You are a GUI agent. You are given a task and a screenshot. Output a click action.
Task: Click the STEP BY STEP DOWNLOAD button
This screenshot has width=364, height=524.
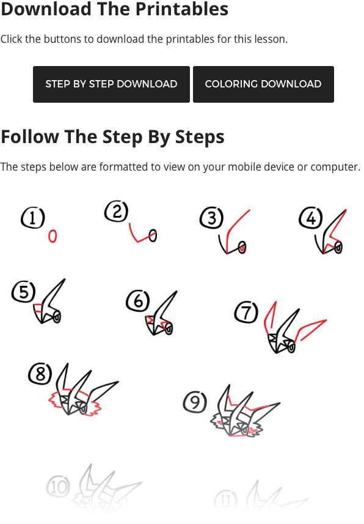point(111,84)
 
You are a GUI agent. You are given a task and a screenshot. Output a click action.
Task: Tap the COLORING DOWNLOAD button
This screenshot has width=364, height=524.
point(263,84)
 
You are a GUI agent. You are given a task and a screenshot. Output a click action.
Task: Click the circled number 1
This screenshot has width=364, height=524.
point(32,218)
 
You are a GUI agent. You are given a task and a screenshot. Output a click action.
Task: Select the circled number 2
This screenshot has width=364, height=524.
point(116,212)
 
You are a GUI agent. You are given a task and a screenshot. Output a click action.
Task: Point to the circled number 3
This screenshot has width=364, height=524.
point(211,218)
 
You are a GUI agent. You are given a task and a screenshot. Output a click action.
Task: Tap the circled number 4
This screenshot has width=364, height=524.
point(311,218)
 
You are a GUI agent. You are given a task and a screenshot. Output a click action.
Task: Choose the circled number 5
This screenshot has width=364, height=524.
point(24,292)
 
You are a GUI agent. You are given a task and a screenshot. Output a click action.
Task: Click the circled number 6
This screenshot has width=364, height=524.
point(138,300)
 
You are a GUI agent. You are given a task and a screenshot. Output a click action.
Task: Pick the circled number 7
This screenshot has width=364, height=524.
point(246,312)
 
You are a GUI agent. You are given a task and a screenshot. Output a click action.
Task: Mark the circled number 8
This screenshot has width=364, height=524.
point(40,374)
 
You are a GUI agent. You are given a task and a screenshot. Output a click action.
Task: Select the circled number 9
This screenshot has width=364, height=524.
point(195,402)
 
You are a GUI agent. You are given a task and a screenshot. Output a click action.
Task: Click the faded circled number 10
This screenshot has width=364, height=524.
point(59,487)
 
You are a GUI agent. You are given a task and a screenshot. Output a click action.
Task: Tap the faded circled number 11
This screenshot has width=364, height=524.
point(226,501)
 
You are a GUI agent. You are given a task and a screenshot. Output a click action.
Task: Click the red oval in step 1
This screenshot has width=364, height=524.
point(53,236)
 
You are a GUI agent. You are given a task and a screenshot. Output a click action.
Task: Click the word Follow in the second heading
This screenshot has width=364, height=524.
point(30,137)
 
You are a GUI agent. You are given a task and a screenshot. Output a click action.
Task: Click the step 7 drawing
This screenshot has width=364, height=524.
point(295,328)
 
